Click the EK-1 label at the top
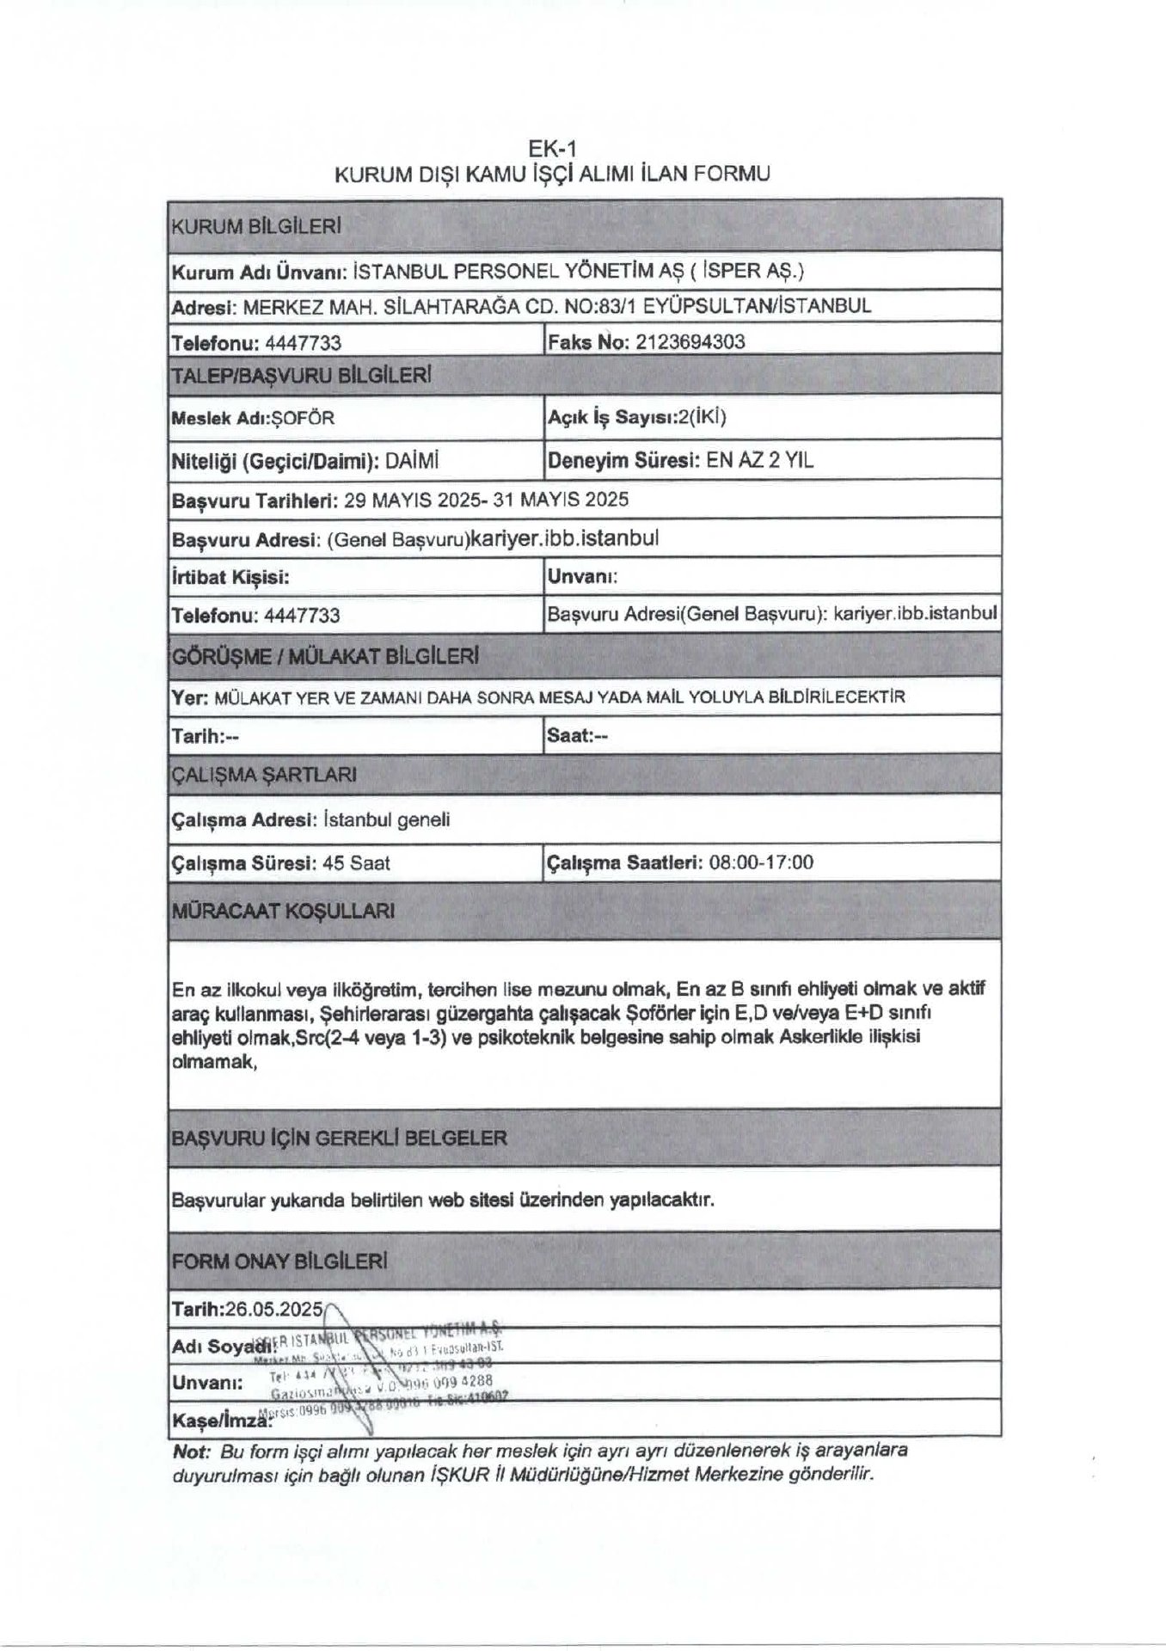[551, 150]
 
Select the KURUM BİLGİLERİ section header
[257, 227]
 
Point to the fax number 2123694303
[690, 342]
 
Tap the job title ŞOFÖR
[303, 419]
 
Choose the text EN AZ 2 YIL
[759, 460]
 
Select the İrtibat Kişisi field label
[231, 577]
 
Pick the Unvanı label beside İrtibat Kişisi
[582, 576]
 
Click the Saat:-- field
[577, 736]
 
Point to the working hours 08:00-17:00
[761, 862]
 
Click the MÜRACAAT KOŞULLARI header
[284, 911]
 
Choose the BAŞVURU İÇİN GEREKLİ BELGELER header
[340, 1139]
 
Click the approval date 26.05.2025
[273, 1309]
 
